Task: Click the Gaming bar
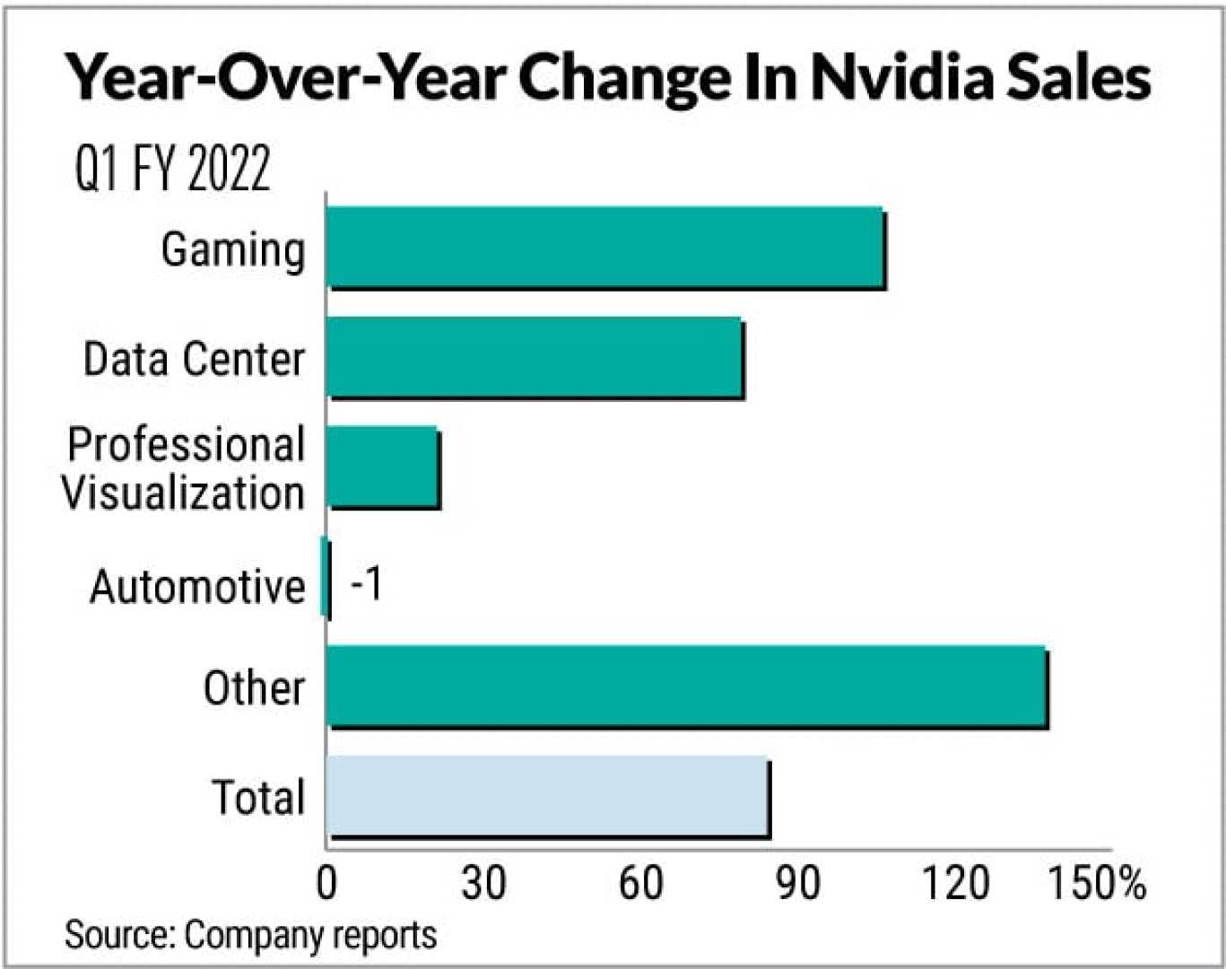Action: (x=606, y=249)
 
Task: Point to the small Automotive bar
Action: (x=325, y=578)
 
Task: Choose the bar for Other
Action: (x=687, y=687)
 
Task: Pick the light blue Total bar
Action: (x=548, y=797)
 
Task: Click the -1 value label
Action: (x=367, y=584)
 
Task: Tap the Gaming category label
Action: (x=233, y=249)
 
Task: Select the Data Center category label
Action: (x=194, y=359)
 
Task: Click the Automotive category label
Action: (x=197, y=587)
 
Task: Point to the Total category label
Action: (x=258, y=797)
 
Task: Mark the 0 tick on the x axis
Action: (x=327, y=883)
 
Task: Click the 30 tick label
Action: (x=483, y=883)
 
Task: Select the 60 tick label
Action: (x=640, y=883)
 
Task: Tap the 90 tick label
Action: (x=797, y=883)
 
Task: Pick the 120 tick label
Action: (x=956, y=883)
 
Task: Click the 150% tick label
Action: (x=1097, y=883)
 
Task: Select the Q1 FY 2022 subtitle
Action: (x=172, y=168)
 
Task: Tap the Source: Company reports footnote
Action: (x=250, y=935)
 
